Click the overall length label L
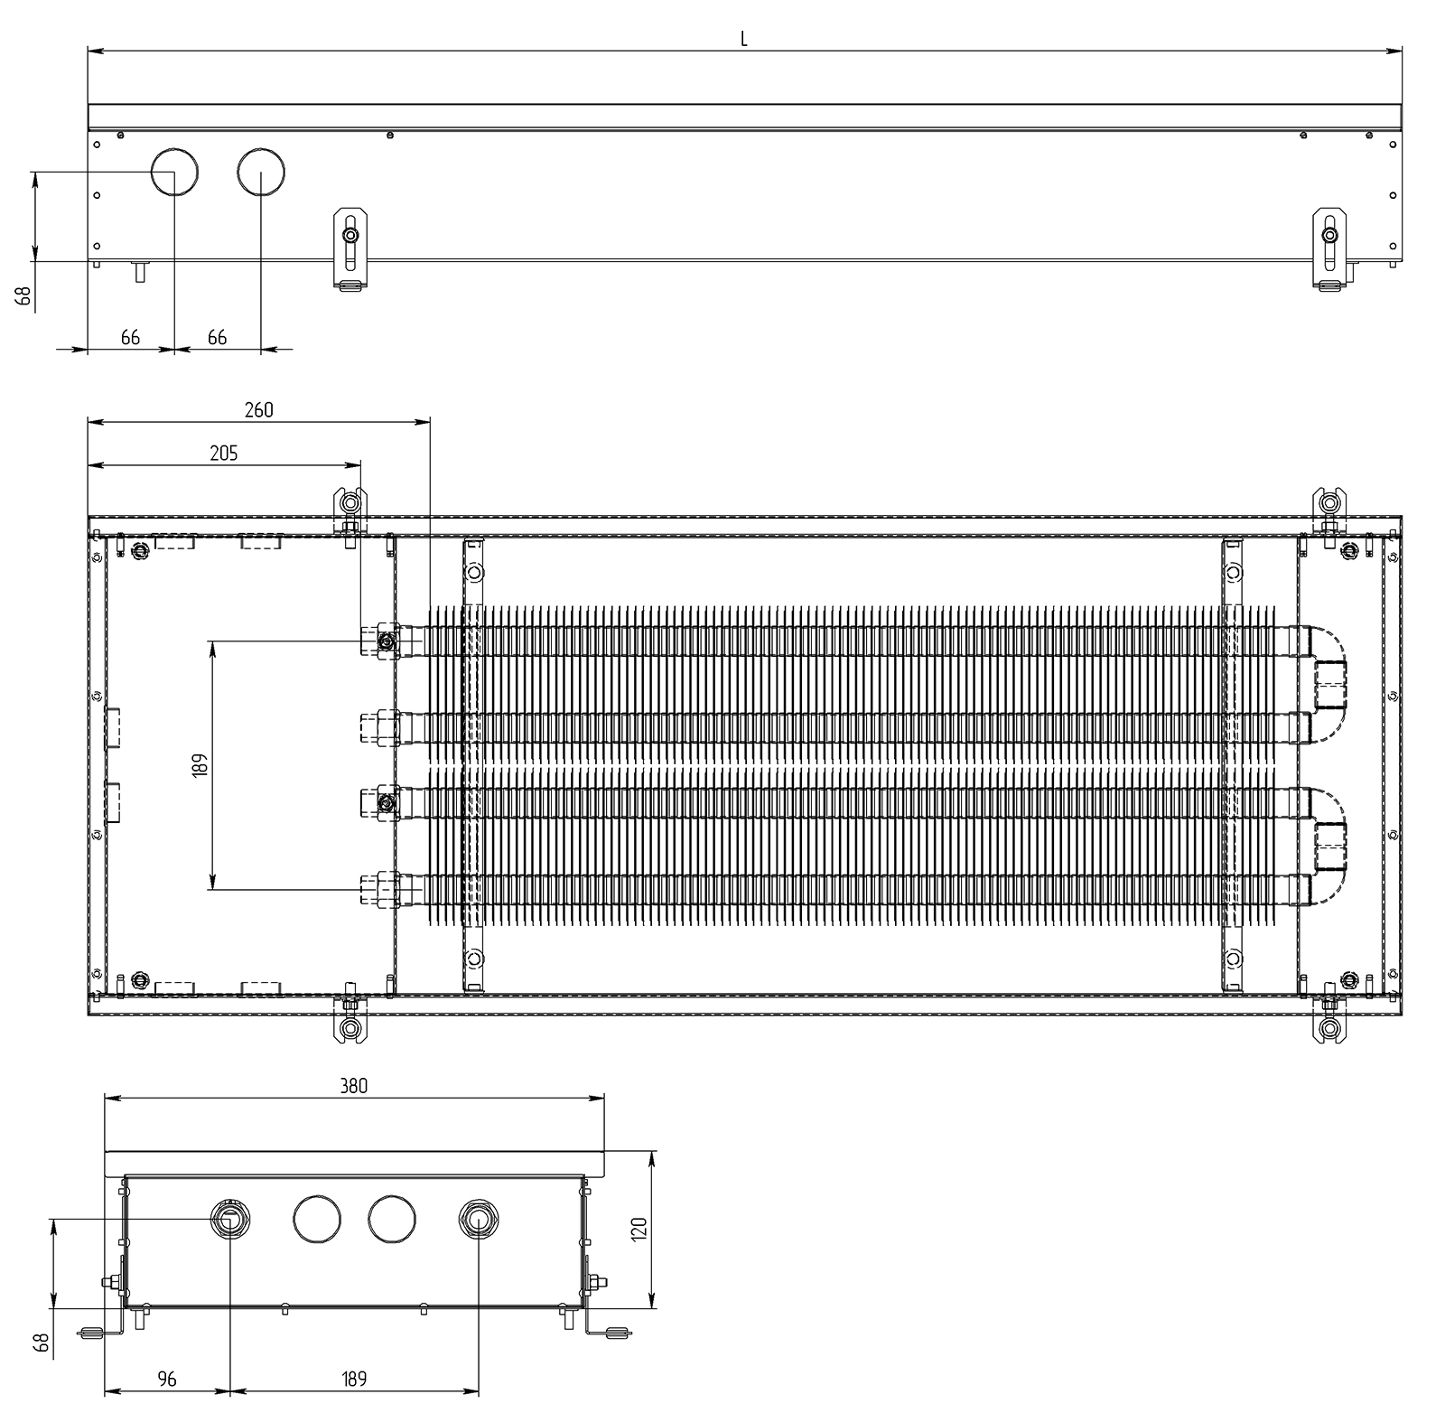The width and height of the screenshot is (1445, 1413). pos(743,39)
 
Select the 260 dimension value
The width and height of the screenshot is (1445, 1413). pos(257,409)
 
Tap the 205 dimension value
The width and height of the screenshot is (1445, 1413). pos(223,453)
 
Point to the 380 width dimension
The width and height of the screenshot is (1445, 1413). pos(354,1086)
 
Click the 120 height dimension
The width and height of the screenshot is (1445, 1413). pos(639,1230)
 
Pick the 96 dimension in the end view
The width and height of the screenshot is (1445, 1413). pos(167,1379)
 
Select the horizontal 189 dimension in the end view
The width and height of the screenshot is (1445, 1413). pos(354,1379)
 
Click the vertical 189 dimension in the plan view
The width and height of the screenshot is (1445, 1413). pos(200,765)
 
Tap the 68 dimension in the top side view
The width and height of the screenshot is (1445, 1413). pos(23,295)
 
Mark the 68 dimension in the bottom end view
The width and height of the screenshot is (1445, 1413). pos(41,1343)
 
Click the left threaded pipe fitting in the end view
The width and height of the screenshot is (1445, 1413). pos(229,1221)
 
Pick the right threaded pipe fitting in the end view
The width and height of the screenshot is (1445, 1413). pos(477,1221)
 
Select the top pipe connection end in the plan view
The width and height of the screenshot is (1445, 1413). pos(378,641)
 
